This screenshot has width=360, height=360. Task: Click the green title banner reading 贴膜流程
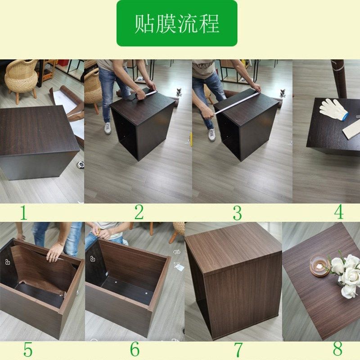tap(177, 23)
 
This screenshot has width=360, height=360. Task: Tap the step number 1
tap(23, 213)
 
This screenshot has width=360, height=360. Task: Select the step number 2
tap(139, 212)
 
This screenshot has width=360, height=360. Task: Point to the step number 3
tap(237, 213)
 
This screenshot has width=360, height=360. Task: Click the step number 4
tap(338, 211)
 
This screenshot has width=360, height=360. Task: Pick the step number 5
tap(28, 350)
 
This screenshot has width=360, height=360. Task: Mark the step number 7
tap(238, 350)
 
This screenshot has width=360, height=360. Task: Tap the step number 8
tap(337, 349)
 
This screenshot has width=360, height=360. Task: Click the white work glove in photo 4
tap(333, 109)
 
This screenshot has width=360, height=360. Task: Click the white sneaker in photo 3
tap(211, 134)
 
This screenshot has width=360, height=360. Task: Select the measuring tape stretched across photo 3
tap(236, 103)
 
